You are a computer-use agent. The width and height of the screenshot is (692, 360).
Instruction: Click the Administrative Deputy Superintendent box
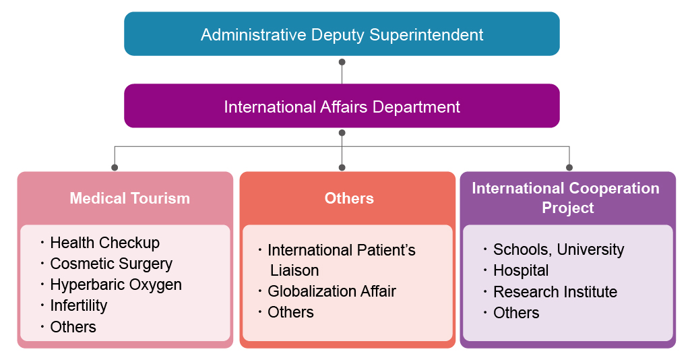[x=342, y=34]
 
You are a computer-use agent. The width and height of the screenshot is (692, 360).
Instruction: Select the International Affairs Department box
[x=342, y=107]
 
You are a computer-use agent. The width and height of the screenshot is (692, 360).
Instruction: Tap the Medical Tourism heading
[x=130, y=198]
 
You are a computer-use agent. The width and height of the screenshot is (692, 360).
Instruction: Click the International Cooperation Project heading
[x=566, y=198]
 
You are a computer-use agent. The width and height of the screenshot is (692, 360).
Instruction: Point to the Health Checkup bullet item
[x=104, y=243]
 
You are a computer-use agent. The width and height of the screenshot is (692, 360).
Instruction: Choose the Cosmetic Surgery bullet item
[x=111, y=264]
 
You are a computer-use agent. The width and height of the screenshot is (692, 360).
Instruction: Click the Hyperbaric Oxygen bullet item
[x=116, y=284]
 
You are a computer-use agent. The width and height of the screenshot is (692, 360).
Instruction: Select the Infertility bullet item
[x=79, y=305]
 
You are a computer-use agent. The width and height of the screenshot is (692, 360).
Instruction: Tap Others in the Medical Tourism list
[x=73, y=327]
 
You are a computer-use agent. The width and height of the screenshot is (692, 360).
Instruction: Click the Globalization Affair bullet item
[x=332, y=291]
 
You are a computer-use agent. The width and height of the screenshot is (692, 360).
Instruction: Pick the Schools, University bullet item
[x=559, y=249]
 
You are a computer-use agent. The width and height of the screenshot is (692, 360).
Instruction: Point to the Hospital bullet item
[x=521, y=270]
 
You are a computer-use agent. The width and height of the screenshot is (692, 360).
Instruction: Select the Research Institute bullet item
[x=555, y=292]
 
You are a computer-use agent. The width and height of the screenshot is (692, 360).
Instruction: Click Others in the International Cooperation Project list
[x=516, y=313]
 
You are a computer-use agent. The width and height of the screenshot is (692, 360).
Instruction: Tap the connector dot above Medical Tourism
[x=115, y=167]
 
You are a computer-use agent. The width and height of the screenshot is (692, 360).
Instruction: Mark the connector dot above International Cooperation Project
[x=569, y=167]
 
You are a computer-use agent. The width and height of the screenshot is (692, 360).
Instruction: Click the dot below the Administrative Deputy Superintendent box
[x=342, y=62]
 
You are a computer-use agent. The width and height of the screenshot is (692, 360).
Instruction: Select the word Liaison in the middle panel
[x=294, y=270]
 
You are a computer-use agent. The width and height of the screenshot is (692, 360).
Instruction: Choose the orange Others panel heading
[x=349, y=198]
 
